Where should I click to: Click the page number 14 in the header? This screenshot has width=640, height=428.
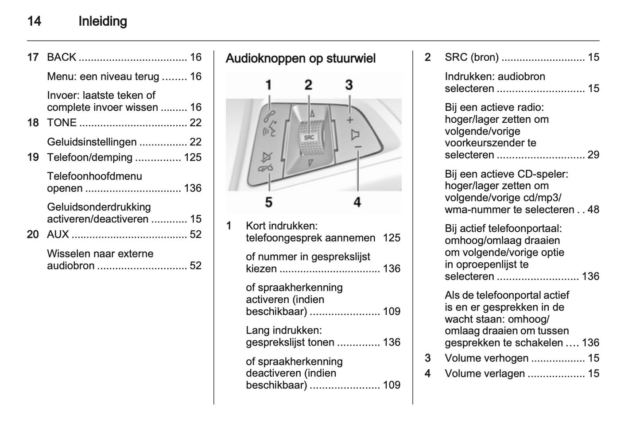click(34, 21)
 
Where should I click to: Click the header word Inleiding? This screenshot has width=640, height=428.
click(103, 21)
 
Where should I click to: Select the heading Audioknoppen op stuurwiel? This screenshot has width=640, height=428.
click(300, 58)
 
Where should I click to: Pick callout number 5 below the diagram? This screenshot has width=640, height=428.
click(268, 202)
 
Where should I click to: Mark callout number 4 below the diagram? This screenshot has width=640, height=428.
click(357, 202)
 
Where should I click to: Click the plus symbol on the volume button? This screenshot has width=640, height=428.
click(350, 120)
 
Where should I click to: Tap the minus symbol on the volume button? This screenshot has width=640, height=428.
click(358, 147)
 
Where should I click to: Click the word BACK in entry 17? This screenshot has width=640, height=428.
click(62, 57)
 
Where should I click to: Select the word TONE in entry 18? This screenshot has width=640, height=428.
click(62, 123)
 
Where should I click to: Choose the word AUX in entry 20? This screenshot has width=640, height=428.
click(58, 234)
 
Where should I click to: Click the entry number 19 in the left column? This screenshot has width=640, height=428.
click(33, 157)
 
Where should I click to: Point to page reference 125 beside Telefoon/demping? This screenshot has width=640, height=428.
click(193, 157)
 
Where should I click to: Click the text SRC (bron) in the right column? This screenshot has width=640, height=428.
click(472, 57)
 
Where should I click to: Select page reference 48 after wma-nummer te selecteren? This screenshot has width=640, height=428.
click(593, 210)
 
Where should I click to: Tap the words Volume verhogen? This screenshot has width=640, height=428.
click(486, 358)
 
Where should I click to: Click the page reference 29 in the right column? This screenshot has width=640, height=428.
click(593, 155)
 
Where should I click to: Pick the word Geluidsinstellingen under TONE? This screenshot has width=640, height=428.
click(92, 142)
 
